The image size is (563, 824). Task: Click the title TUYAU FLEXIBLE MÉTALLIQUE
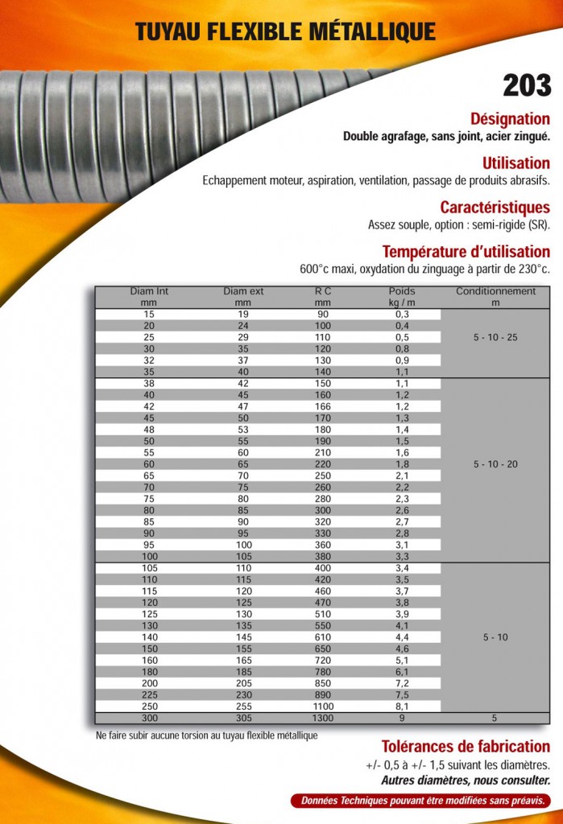(x=285, y=31)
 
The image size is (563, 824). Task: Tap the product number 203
(x=527, y=85)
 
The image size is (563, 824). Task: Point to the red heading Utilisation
(x=515, y=163)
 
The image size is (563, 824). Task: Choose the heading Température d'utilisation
(x=466, y=251)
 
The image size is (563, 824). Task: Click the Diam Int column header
(x=148, y=296)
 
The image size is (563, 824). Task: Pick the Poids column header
(x=401, y=296)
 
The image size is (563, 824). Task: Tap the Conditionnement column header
(x=495, y=296)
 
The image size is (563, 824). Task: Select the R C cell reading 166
(x=323, y=406)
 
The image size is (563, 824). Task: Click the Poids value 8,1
(x=402, y=707)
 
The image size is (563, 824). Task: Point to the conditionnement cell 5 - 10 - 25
(x=495, y=337)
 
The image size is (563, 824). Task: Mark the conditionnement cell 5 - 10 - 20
(x=495, y=464)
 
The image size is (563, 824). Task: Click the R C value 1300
(x=323, y=718)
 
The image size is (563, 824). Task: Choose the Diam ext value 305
(x=242, y=718)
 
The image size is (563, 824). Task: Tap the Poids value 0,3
(x=402, y=314)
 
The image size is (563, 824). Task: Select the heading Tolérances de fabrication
(x=465, y=746)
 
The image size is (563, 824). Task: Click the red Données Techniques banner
(x=420, y=801)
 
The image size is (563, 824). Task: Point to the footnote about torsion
(x=206, y=735)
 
